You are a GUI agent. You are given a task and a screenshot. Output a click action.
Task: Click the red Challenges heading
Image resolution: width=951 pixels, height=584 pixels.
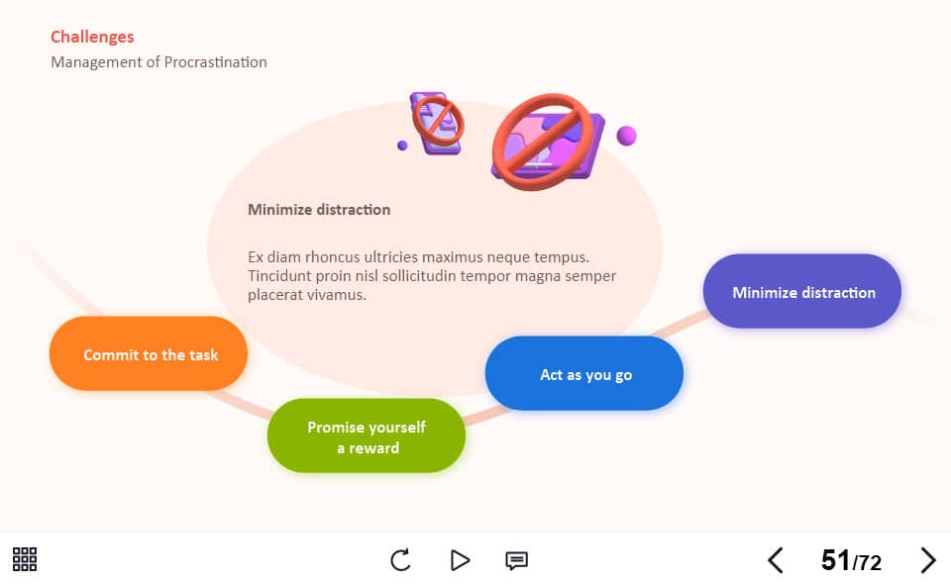[x=92, y=37]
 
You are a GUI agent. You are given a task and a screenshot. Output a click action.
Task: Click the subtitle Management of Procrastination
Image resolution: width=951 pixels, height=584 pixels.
[x=158, y=62]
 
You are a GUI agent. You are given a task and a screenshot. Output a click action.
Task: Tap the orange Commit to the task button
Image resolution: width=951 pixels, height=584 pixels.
[x=149, y=353]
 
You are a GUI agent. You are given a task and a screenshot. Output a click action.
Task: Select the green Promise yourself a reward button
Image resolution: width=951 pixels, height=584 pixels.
[x=367, y=436]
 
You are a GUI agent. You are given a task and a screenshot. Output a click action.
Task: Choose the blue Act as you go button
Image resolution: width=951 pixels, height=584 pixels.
[x=584, y=373]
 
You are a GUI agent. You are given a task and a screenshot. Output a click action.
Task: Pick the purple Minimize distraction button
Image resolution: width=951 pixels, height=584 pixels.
[x=801, y=291]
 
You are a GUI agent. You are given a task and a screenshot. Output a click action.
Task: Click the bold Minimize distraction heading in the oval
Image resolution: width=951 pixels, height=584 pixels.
[x=319, y=210]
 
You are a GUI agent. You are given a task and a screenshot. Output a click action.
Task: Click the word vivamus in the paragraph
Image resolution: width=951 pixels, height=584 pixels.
[x=336, y=295]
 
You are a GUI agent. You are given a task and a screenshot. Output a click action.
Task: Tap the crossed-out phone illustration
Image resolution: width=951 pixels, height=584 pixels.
[x=437, y=123]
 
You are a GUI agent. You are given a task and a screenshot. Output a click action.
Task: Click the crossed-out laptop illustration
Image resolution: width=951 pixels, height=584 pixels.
[x=547, y=142]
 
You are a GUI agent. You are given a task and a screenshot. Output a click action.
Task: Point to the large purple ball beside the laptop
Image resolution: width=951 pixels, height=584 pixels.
[x=626, y=136]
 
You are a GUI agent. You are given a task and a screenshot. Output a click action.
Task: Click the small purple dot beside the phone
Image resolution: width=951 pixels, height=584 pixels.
[x=402, y=146]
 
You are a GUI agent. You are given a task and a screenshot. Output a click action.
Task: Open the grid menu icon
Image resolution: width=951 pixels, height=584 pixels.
[x=25, y=559]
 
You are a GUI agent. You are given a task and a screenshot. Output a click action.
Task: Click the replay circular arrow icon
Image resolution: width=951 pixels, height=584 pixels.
[x=400, y=560]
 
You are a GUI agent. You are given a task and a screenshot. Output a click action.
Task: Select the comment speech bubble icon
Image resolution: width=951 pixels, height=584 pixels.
[x=517, y=560]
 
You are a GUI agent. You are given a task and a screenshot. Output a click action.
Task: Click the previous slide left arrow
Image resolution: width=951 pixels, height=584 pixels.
[x=775, y=560]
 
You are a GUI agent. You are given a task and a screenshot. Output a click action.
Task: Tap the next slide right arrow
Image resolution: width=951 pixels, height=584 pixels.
[x=928, y=560]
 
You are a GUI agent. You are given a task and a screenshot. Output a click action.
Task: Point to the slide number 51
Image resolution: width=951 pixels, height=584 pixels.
[x=835, y=560]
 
